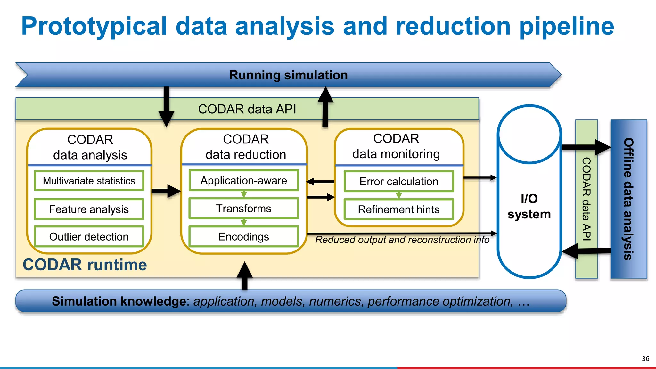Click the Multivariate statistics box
pyautogui.click(x=89, y=181)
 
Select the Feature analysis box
pyautogui.click(x=89, y=209)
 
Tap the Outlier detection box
pyautogui.click(x=89, y=237)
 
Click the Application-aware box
pyautogui.click(x=243, y=181)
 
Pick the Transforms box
pyautogui.click(x=243, y=209)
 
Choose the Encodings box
pyautogui.click(x=243, y=237)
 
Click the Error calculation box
pyautogui.click(x=399, y=182)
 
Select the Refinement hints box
pyautogui.click(x=399, y=209)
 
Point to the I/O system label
pyautogui.click(x=529, y=206)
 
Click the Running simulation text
pyautogui.click(x=288, y=75)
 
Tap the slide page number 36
pyautogui.click(x=645, y=358)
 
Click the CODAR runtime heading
pyautogui.click(x=85, y=265)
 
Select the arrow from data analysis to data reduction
pyautogui.click(x=166, y=191)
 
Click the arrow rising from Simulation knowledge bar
pyautogui.click(x=245, y=275)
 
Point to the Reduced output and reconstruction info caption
pyautogui.click(x=402, y=240)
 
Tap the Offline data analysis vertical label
pyautogui.click(x=628, y=199)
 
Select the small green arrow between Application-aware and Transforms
pyautogui.click(x=244, y=194)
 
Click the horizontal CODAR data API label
pyautogui.click(x=247, y=109)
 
